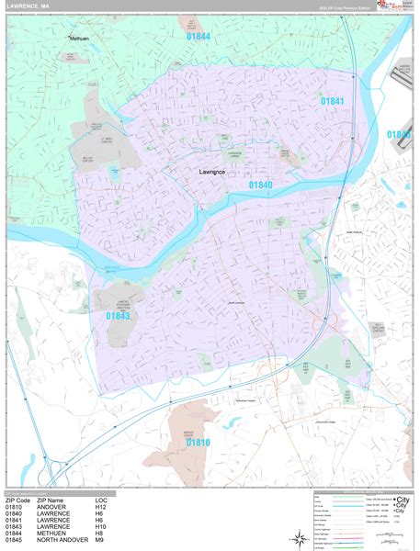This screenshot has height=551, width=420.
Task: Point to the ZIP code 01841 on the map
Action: click(x=332, y=100)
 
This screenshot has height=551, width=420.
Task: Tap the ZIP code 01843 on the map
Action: click(x=118, y=316)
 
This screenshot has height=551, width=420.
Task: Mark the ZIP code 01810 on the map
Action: click(x=199, y=442)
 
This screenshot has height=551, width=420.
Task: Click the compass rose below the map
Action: click(x=301, y=538)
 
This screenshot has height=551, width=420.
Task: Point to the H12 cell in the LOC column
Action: click(x=101, y=506)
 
